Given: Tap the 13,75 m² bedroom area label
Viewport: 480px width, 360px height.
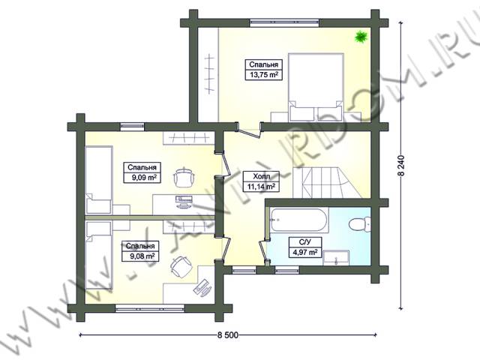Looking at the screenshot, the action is click(x=263, y=70).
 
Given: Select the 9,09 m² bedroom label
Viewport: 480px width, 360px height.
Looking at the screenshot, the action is click(x=142, y=172).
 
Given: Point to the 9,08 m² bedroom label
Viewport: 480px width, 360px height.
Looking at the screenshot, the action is click(x=140, y=251).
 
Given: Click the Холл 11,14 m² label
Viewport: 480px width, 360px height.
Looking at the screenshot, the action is click(x=262, y=181).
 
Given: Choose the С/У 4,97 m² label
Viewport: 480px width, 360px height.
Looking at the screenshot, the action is click(x=305, y=247).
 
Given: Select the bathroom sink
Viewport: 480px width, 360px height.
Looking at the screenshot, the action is click(x=336, y=257).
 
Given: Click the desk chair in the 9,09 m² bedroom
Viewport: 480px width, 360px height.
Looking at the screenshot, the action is click(x=184, y=176).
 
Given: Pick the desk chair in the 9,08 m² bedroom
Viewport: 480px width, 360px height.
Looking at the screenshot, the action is click(x=180, y=266).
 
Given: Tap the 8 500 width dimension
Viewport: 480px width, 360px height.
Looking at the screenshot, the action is click(x=228, y=335).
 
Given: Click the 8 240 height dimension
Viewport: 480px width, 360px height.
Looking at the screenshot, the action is click(x=401, y=165).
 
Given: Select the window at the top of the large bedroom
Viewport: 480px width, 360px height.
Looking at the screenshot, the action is click(x=284, y=22).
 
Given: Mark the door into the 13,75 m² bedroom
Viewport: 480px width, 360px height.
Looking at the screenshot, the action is click(x=248, y=130).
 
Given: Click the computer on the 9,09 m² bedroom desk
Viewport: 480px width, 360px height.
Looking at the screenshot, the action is click(x=184, y=202).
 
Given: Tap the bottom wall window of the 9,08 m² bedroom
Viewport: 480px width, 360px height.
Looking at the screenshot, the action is click(x=150, y=307).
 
